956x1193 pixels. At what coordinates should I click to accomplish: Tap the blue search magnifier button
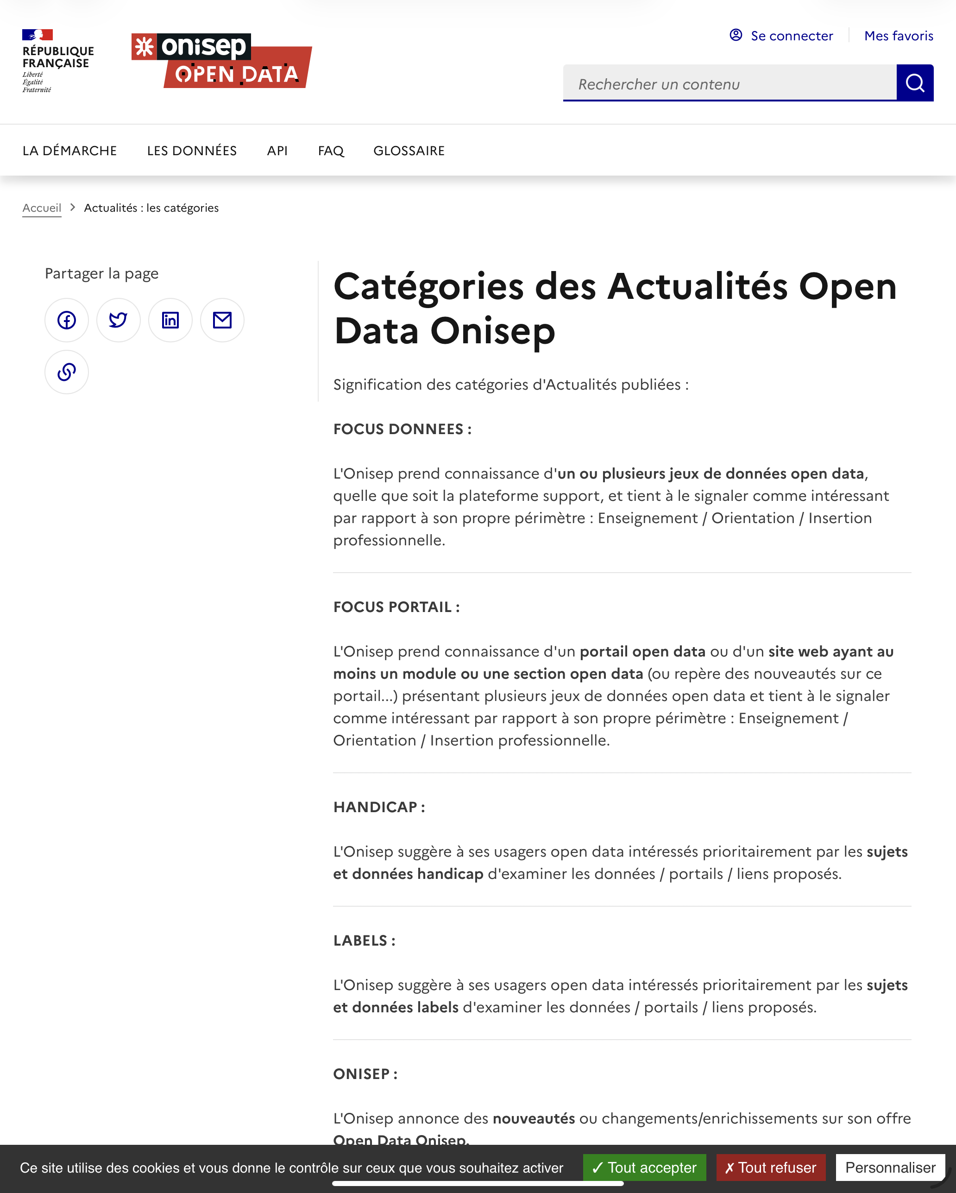click(914, 83)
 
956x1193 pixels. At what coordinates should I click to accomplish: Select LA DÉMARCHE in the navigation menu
click(69, 151)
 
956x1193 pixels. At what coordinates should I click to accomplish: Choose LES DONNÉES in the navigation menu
click(191, 151)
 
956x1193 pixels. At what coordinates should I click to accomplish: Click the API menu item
click(277, 151)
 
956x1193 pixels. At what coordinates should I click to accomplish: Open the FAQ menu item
click(331, 151)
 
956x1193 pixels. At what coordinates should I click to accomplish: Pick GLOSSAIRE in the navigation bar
click(409, 151)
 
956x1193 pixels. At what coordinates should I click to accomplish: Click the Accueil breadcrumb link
click(42, 208)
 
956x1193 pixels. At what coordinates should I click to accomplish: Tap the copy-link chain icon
click(66, 372)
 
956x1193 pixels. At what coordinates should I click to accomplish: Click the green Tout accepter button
click(644, 1168)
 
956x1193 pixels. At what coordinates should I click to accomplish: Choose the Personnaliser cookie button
click(890, 1168)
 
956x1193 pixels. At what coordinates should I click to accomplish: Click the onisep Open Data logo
click(221, 60)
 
